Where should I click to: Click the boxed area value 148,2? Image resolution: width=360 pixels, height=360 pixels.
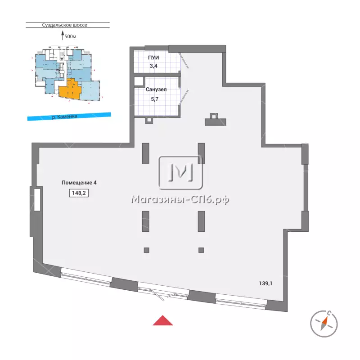point(79,193)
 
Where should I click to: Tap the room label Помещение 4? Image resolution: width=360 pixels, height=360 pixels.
point(79,183)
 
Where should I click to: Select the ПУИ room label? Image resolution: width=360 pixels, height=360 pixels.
point(153,58)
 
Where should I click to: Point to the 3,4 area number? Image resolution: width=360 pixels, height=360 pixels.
point(153,66)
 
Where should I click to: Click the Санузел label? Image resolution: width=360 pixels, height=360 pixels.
point(156,89)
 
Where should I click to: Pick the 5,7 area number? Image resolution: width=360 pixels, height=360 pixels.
point(155,99)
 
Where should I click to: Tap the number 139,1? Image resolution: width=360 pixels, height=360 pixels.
point(265,283)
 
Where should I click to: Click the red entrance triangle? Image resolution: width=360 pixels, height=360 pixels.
point(163,321)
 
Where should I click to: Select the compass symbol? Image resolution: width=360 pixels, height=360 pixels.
point(324,324)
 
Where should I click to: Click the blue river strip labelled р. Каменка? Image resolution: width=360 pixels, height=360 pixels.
point(69,117)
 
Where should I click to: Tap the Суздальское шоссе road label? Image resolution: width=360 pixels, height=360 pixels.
point(64,25)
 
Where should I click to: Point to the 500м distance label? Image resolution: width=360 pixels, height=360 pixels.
point(70,36)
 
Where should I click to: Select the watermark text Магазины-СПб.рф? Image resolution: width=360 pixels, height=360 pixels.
point(180,200)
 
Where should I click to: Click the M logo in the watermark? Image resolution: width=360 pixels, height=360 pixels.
point(181,173)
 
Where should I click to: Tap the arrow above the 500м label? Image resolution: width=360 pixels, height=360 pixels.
point(63,35)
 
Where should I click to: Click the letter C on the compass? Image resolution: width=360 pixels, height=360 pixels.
point(329,313)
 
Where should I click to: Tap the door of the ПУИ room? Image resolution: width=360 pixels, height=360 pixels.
point(184,60)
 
